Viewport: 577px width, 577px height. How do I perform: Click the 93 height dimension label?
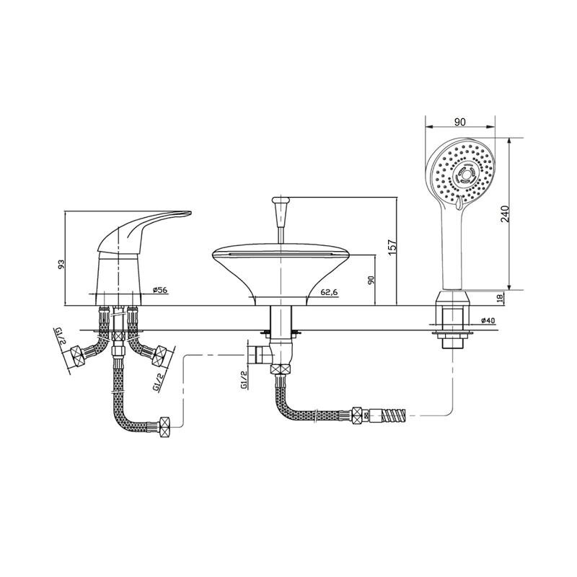tap(62, 264)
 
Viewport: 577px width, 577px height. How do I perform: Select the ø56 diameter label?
tap(159, 290)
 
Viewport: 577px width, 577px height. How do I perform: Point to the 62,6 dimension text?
tap(330, 293)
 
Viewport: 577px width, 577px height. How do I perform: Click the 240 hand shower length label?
tap(505, 213)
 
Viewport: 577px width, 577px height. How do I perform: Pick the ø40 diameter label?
tap(488, 320)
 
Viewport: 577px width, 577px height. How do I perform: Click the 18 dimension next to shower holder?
tap(500, 298)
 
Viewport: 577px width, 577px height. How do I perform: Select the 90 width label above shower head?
tap(459, 122)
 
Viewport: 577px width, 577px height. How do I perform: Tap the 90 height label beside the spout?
tap(371, 280)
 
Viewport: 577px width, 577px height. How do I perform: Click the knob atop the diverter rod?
tap(281, 201)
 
